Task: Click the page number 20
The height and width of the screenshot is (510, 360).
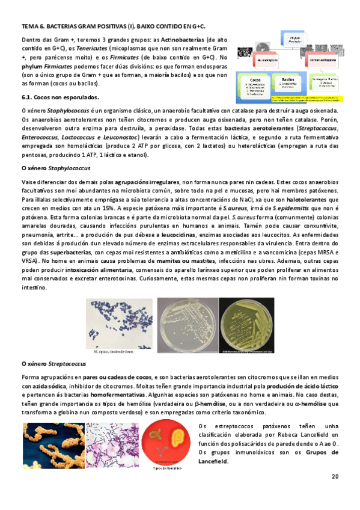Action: coord(335,476)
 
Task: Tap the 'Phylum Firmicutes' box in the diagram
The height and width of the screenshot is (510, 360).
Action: coord(294,40)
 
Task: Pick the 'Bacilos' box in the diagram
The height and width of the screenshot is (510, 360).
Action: coord(290,85)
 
